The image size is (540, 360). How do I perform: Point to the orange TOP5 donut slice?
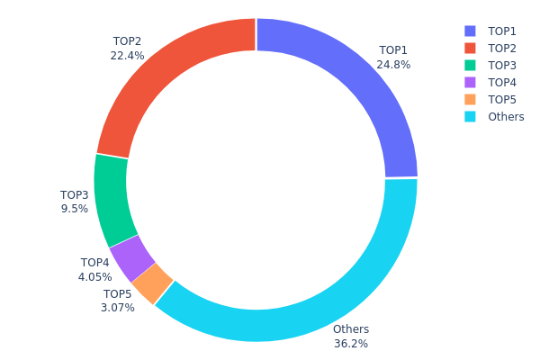[151, 283]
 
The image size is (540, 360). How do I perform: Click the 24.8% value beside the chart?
[393, 65]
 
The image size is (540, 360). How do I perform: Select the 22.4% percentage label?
[127, 56]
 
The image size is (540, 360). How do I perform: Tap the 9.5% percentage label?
[75, 209]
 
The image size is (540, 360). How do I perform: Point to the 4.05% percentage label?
[94, 277]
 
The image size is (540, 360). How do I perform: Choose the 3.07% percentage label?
[118, 308]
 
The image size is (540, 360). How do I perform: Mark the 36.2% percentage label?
[351, 344]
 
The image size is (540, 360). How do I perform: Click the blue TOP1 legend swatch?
[469, 31]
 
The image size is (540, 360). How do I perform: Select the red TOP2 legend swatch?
[469, 48]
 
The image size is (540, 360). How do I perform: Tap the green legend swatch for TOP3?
[469, 65]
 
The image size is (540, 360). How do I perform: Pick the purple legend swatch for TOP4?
[469, 82]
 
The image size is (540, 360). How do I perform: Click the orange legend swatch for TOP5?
[469, 99]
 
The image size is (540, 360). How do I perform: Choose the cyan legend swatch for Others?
[469, 117]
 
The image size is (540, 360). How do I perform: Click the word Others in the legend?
[506, 117]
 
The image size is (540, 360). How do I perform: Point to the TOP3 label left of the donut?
[75, 194]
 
